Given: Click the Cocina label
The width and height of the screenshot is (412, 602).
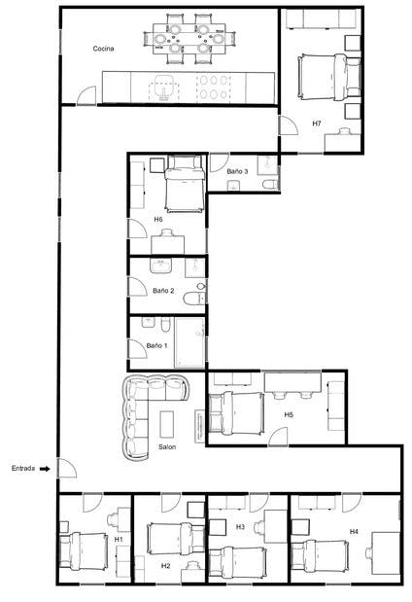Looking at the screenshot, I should coord(105,48).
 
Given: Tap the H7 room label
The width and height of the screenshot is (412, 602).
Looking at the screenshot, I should coord(317,124).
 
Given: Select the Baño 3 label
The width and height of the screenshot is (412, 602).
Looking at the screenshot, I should coord(238,171).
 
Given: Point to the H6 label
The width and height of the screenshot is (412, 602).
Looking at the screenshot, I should coord(158,219).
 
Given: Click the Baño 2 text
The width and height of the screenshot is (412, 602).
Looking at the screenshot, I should coord(163,291).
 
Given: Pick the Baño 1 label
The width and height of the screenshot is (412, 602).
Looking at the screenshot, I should coord(157,345).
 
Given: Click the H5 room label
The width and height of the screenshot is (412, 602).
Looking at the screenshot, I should coord(289,414).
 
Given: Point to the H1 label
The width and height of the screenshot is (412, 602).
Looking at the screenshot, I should coord(119,538).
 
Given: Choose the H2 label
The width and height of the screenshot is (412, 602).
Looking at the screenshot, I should coord(165,566).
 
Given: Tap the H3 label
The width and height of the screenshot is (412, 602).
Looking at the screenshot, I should coord(241,526).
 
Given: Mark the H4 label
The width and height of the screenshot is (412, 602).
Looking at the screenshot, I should coord(354,532).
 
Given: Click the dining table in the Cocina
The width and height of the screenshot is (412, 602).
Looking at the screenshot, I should coord(189,33).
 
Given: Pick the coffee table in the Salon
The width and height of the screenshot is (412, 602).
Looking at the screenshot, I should coord(166,423).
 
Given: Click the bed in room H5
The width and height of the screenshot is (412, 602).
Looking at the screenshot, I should coord(238,412).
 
